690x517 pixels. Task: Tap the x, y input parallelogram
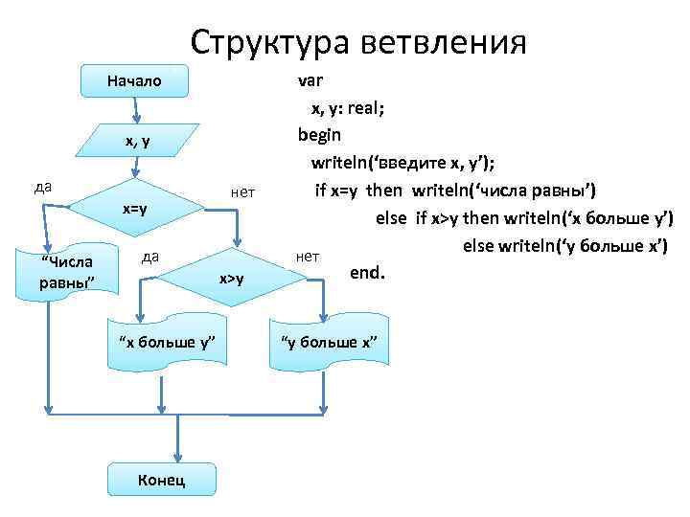pos(138,141)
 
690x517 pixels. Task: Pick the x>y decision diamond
pos(232,279)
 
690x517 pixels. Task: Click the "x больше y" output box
pos(166,344)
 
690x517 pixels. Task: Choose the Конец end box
pos(162,478)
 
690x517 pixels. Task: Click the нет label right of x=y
pos(242,192)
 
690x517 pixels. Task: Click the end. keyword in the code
pos(367,273)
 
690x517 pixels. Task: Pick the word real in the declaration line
pos(363,108)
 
